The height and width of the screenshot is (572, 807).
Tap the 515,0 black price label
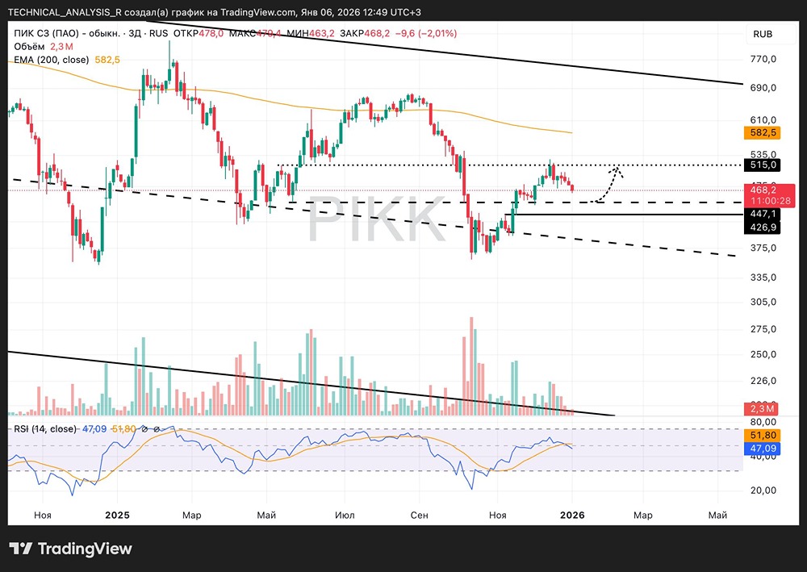pos(763,165)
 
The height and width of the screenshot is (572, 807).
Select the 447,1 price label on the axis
pos(763,214)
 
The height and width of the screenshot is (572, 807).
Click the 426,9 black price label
pos(763,228)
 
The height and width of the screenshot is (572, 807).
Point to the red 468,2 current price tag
pos(763,190)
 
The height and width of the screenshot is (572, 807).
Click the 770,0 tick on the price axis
pos(763,59)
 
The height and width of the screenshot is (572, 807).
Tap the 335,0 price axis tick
pos(763,277)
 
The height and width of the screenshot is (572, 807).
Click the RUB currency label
pos(763,34)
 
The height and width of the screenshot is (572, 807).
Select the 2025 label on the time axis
pos(117,514)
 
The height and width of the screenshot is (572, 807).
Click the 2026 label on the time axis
pos(572,514)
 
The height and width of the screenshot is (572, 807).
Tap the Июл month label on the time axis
pos(345,514)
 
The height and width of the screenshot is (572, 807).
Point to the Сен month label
pos(419,514)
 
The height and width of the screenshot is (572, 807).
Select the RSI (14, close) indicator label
pos(45,429)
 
